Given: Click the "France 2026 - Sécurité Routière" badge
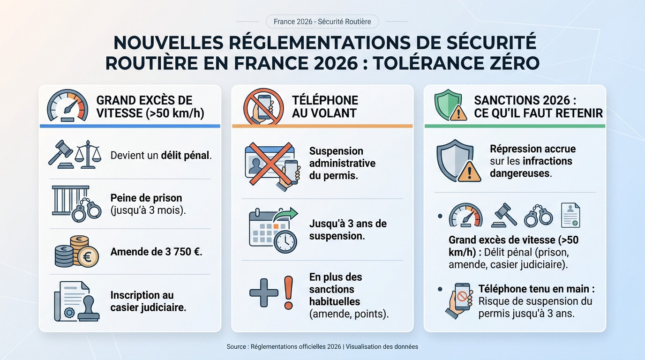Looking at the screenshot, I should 322,22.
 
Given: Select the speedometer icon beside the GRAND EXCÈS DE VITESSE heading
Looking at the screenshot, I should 67,106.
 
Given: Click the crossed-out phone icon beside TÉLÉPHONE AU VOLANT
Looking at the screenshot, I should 263,106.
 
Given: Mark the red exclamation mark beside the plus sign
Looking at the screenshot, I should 288,292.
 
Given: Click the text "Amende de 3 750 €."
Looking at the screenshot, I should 156,252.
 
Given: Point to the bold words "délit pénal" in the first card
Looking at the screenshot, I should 186,155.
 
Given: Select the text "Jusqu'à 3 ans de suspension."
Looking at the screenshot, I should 347,230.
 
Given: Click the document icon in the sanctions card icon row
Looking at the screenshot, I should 570,215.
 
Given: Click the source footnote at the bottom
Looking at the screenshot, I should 322,347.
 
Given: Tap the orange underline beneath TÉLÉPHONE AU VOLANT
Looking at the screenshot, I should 322,126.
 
